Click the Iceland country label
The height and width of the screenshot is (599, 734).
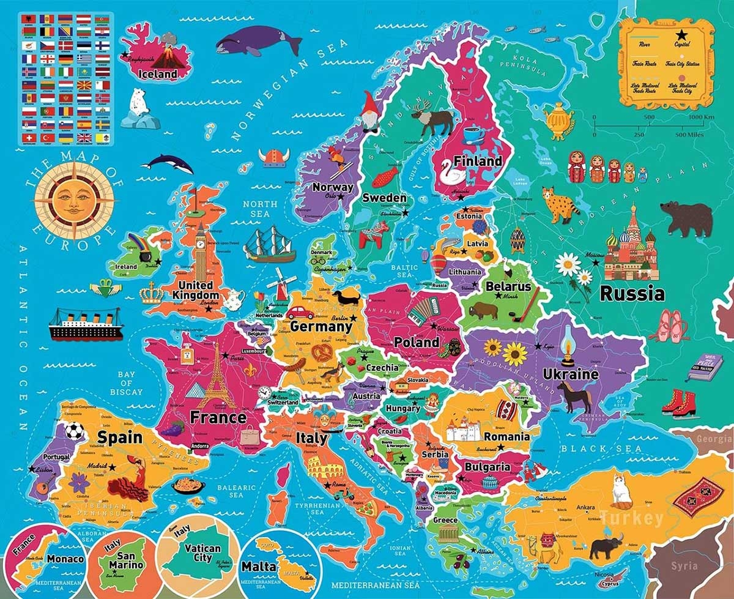(158, 74)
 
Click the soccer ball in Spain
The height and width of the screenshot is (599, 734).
(75, 431)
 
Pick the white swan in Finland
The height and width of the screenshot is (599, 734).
(453, 176)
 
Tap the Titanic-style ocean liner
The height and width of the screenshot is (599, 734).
(86, 324)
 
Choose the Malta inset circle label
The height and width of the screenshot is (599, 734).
(259, 567)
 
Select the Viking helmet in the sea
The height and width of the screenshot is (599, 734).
(272, 158)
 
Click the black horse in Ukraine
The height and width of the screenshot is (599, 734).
(574, 396)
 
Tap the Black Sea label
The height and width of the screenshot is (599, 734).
(599, 449)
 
